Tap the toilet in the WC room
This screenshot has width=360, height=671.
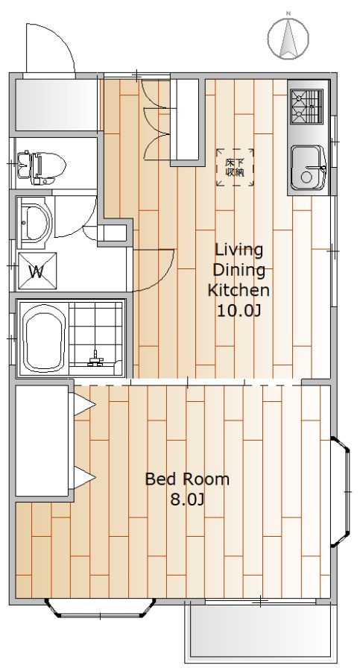pyautogui.click(x=42, y=167)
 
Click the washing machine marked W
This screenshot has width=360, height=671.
pyautogui.click(x=37, y=271)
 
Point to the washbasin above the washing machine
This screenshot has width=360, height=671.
pyautogui.click(x=34, y=221)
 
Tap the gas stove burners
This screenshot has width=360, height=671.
pyautogui.click(x=306, y=106)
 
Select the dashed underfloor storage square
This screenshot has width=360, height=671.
pyautogui.click(x=235, y=167)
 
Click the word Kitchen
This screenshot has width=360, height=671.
pyautogui.click(x=239, y=290)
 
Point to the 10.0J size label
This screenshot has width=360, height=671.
pyautogui.click(x=239, y=311)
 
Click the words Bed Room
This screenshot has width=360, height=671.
pyautogui.click(x=187, y=479)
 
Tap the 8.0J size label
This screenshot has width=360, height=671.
pyautogui.click(x=187, y=500)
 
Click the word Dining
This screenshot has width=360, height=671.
pyautogui.click(x=239, y=271)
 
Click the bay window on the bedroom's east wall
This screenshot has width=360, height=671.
pyautogui.click(x=341, y=492)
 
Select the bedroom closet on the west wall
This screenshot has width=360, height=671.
pyautogui.click(x=42, y=441)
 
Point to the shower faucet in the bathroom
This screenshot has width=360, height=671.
pyautogui.click(x=95, y=359)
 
